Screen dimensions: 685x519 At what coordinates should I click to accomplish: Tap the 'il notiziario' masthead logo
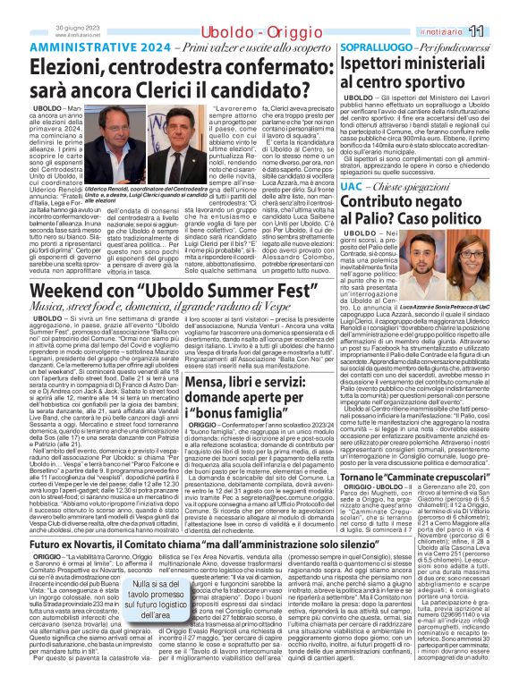(464, 32)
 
